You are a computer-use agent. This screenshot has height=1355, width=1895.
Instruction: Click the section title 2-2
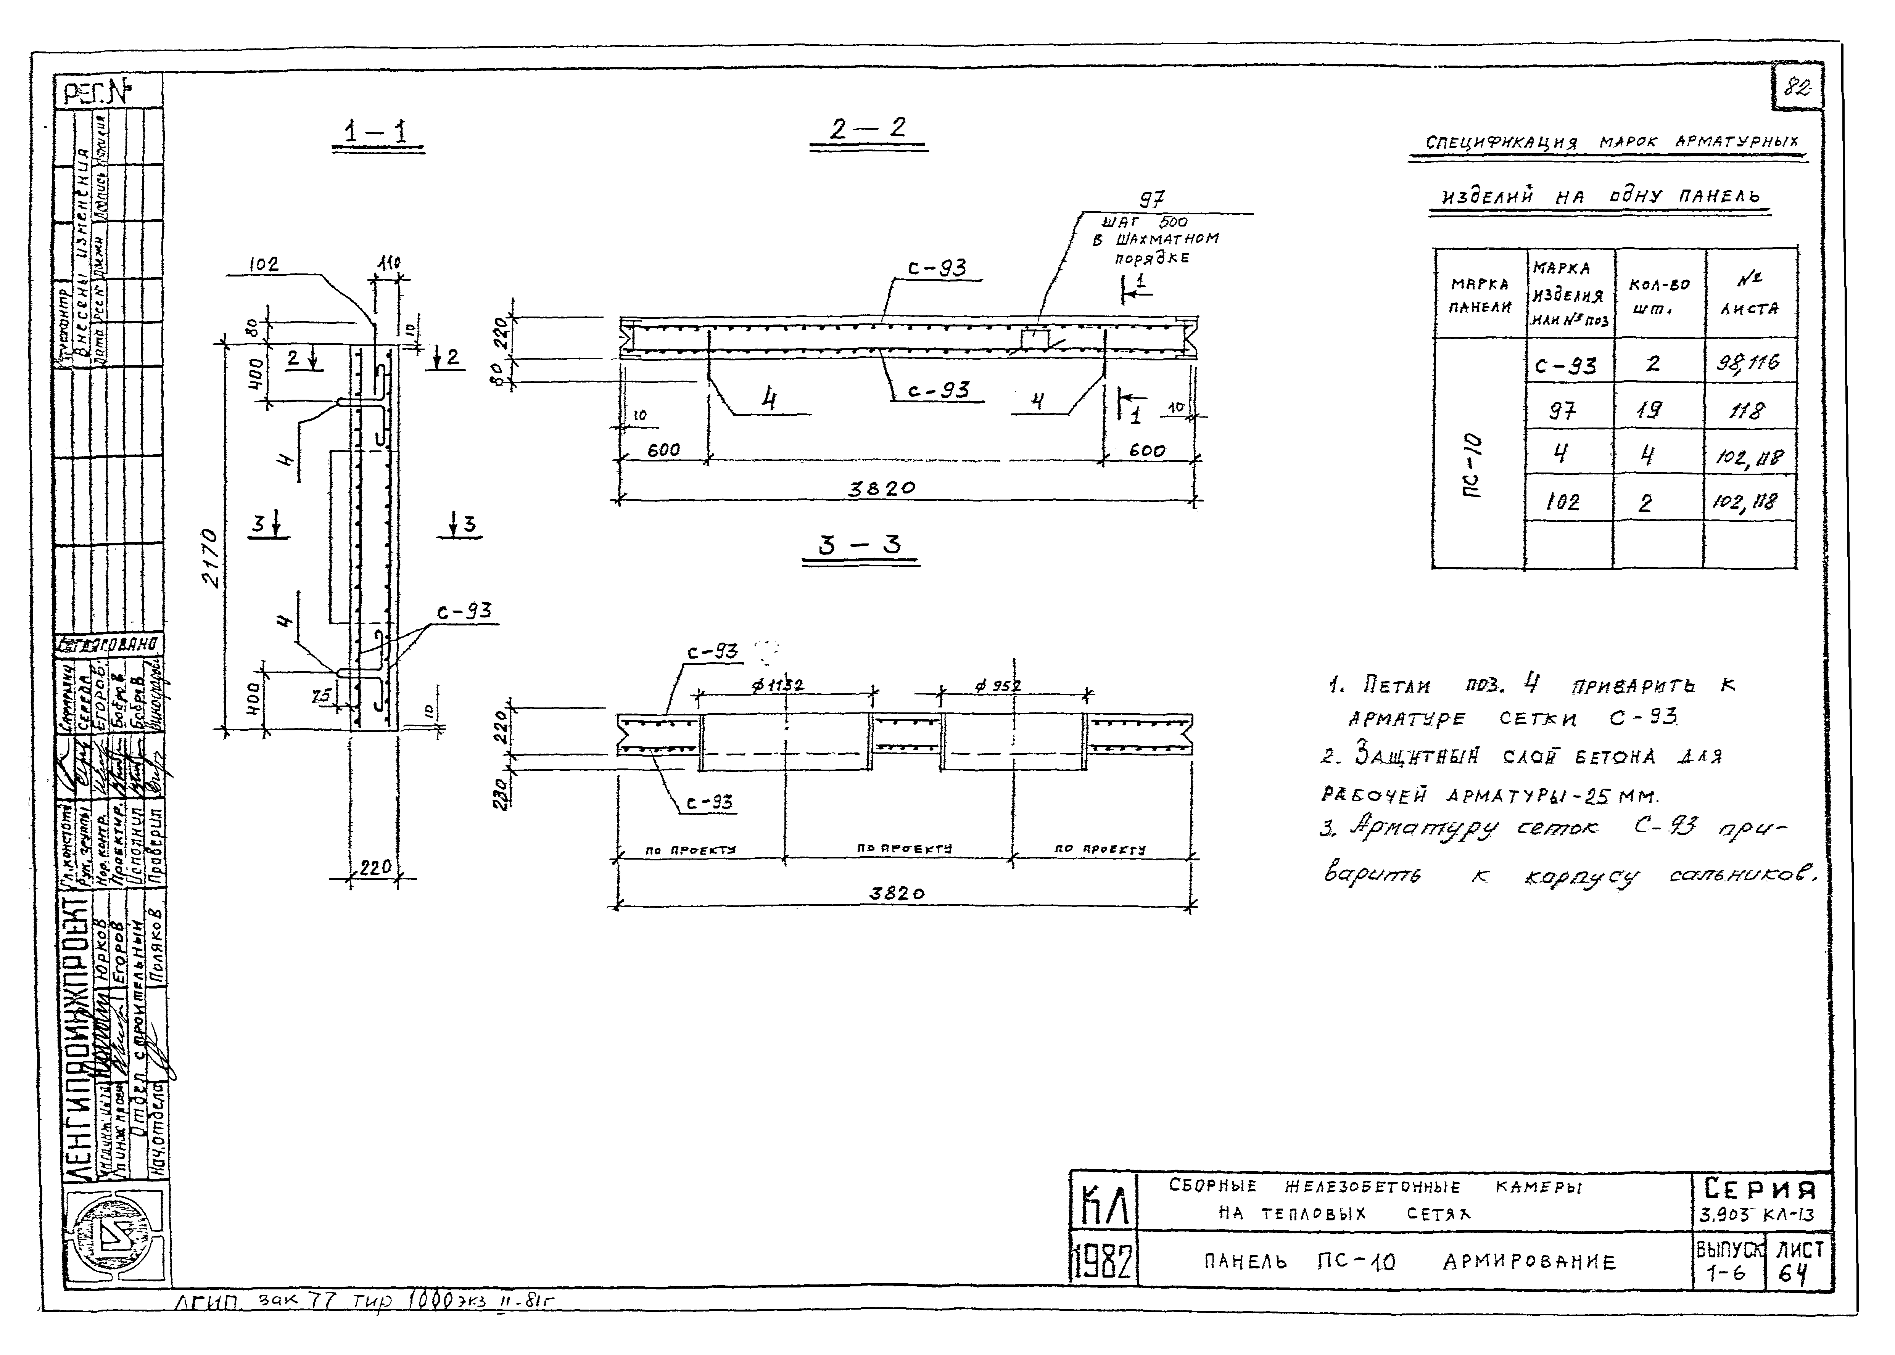(868, 129)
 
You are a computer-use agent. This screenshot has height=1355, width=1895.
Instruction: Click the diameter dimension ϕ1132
(778, 685)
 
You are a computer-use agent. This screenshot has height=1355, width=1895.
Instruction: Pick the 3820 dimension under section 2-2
(882, 488)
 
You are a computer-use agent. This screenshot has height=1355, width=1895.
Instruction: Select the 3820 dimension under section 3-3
(897, 893)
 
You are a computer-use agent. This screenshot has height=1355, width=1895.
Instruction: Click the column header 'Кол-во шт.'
(1658, 295)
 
